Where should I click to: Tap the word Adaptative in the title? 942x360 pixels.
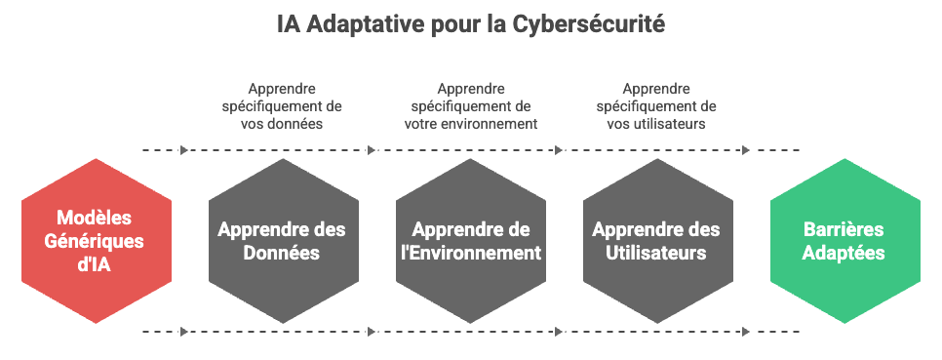pos(367,24)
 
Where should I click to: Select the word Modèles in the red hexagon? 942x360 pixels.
pos(94,217)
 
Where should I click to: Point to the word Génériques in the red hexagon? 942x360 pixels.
pos(95,242)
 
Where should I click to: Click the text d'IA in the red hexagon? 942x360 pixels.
pos(95,264)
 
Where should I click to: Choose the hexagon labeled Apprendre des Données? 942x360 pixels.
pos(284,241)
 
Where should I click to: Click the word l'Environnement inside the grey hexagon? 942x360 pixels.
pos(471,253)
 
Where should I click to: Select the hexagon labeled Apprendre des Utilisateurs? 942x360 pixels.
pos(658,241)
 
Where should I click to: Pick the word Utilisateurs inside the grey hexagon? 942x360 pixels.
pos(656,253)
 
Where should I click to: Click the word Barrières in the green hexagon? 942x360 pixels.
pos(844,229)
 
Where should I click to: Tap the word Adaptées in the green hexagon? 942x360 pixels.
pos(844,253)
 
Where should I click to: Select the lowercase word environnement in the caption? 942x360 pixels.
pos(488,124)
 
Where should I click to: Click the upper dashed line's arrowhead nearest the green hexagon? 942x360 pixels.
pos(746,150)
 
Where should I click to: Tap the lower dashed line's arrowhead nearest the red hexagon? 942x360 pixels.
pos(184,331)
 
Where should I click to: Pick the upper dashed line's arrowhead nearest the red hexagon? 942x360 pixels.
pos(184,150)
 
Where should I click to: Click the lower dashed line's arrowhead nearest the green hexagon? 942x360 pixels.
pos(746,331)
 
